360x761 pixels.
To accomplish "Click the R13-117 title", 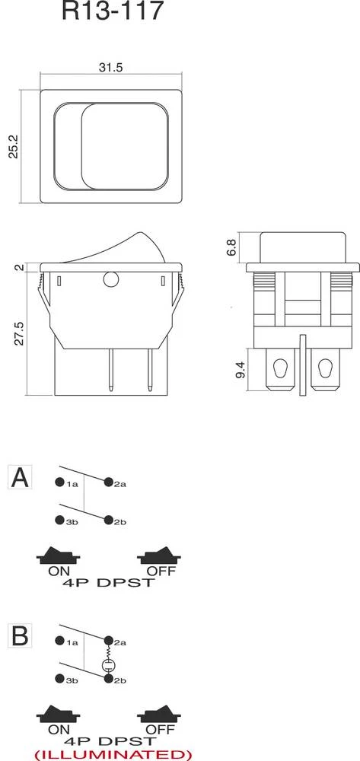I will click(112, 13).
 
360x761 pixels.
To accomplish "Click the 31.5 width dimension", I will click(111, 67).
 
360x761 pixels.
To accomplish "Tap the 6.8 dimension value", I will click(231, 247).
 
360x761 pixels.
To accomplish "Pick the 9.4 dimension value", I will click(241, 371).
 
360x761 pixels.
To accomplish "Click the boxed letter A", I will click(20, 477).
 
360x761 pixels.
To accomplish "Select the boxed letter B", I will click(20, 634).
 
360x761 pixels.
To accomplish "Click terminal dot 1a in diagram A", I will click(59, 483).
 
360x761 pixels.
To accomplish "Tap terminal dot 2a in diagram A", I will click(109, 482).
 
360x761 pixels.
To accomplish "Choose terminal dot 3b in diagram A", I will click(59, 521).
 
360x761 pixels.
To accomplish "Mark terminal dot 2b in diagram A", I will click(109, 521).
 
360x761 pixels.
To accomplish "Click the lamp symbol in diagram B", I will click(109, 667).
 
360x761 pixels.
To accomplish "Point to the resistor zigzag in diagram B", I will click(109, 652).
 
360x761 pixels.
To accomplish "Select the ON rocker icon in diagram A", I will click(59, 557).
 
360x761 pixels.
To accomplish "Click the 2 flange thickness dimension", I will click(18, 267).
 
